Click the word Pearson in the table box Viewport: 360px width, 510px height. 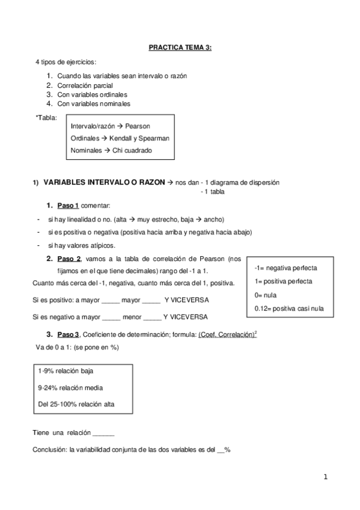pos(138,126)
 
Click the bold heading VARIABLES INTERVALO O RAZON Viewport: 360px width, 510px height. pos(104,182)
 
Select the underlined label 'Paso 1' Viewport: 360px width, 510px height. pos(68,206)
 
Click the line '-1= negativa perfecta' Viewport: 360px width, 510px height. pos(285,268)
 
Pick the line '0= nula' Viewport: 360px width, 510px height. pos(266,295)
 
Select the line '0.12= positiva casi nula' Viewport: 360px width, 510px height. pos(289,309)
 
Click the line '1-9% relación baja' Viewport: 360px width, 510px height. pos(65,371)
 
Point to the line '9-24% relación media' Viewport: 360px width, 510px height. pos(70,388)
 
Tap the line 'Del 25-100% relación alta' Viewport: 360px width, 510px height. pos(76,404)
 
